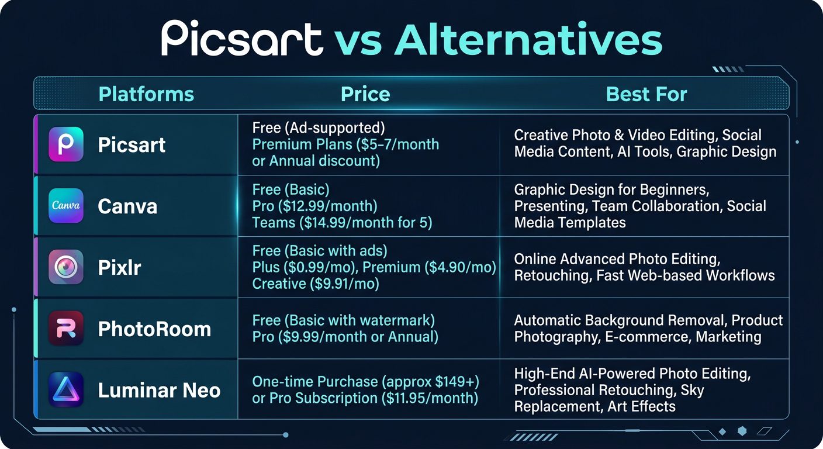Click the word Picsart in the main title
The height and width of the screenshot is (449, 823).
(x=241, y=39)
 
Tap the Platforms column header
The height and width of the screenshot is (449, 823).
(x=146, y=94)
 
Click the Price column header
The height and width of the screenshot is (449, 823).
(x=365, y=94)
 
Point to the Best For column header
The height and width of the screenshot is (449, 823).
(x=646, y=94)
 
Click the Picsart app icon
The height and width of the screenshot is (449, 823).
(x=65, y=144)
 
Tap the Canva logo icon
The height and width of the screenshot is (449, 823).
(x=65, y=206)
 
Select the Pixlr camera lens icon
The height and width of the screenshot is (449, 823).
(x=65, y=267)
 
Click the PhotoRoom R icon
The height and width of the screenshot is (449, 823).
(x=65, y=329)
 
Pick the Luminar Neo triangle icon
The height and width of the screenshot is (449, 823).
(x=65, y=390)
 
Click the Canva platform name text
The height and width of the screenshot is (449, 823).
(x=127, y=206)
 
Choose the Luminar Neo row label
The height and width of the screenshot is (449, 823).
(x=159, y=391)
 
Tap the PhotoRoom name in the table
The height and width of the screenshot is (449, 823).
(x=154, y=329)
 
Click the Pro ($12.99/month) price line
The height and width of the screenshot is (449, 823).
(x=314, y=206)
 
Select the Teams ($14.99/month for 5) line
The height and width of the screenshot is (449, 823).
(x=342, y=223)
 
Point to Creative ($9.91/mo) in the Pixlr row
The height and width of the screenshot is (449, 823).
(x=316, y=284)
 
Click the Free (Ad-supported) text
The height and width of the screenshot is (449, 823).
(x=319, y=127)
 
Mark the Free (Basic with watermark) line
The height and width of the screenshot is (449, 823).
(x=343, y=320)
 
